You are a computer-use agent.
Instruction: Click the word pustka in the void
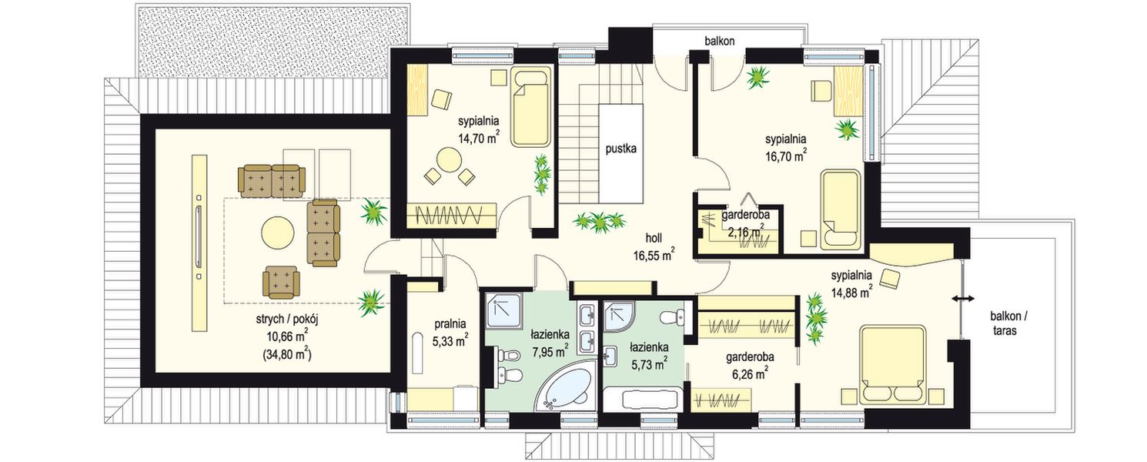pos(620,149)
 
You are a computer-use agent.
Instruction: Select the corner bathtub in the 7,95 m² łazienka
pos(564,386)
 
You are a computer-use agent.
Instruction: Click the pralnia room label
pos(450,323)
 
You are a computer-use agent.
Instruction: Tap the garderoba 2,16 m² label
pos(745,223)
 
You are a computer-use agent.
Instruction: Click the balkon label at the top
pos(720,41)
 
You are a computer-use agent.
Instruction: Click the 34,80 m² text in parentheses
pos(287,354)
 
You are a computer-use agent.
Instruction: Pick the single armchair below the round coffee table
pos(281,282)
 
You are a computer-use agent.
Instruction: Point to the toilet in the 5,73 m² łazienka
pos(672,317)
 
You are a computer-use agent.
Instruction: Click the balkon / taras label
pos(1005,323)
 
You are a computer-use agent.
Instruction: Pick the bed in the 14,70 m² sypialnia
pos(531,106)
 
